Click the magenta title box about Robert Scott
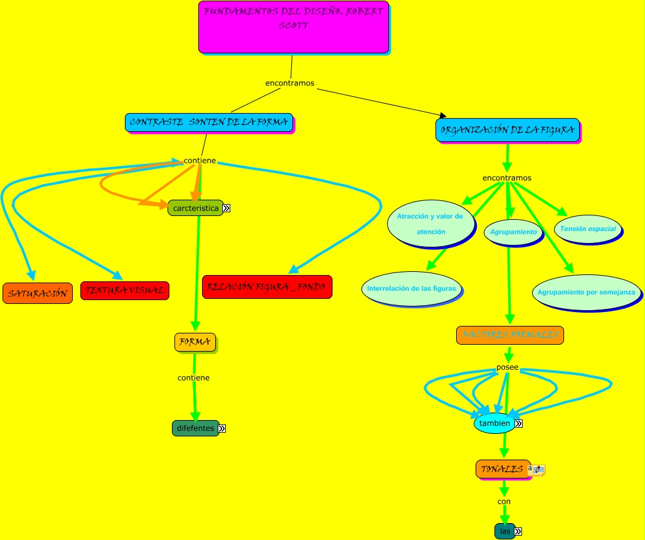pyautogui.click(x=294, y=27)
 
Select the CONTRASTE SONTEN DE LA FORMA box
pyautogui.click(x=209, y=122)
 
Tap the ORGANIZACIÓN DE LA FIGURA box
pyautogui.click(x=507, y=130)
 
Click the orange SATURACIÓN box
pyautogui.click(x=37, y=293)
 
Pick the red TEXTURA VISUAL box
pyautogui.click(x=124, y=291)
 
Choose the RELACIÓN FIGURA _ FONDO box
pyautogui.click(x=267, y=287)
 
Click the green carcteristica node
pyautogui.click(x=195, y=208)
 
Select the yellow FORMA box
pyautogui.click(x=195, y=342)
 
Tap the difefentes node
pyautogui.click(x=195, y=428)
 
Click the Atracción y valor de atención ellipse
pyautogui.click(x=430, y=224)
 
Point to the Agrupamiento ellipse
pyautogui.click(x=513, y=232)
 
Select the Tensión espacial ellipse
pyautogui.click(x=588, y=229)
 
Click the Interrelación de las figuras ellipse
pyautogui.click(x=413, y=288)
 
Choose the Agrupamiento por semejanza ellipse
pyautogui.click(x=586, y=292)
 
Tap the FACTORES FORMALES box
pyautogui.click(x=509, y=335)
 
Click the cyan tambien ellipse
pyautogui.click(x=494, y=423)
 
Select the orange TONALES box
pyautogui.click(x=501, y=469)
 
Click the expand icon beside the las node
pyautogui.click(x=518, y=532)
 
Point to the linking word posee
pyautogui.click(x=507, y=367)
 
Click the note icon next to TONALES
pyautogui.click(x=539, y=469)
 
